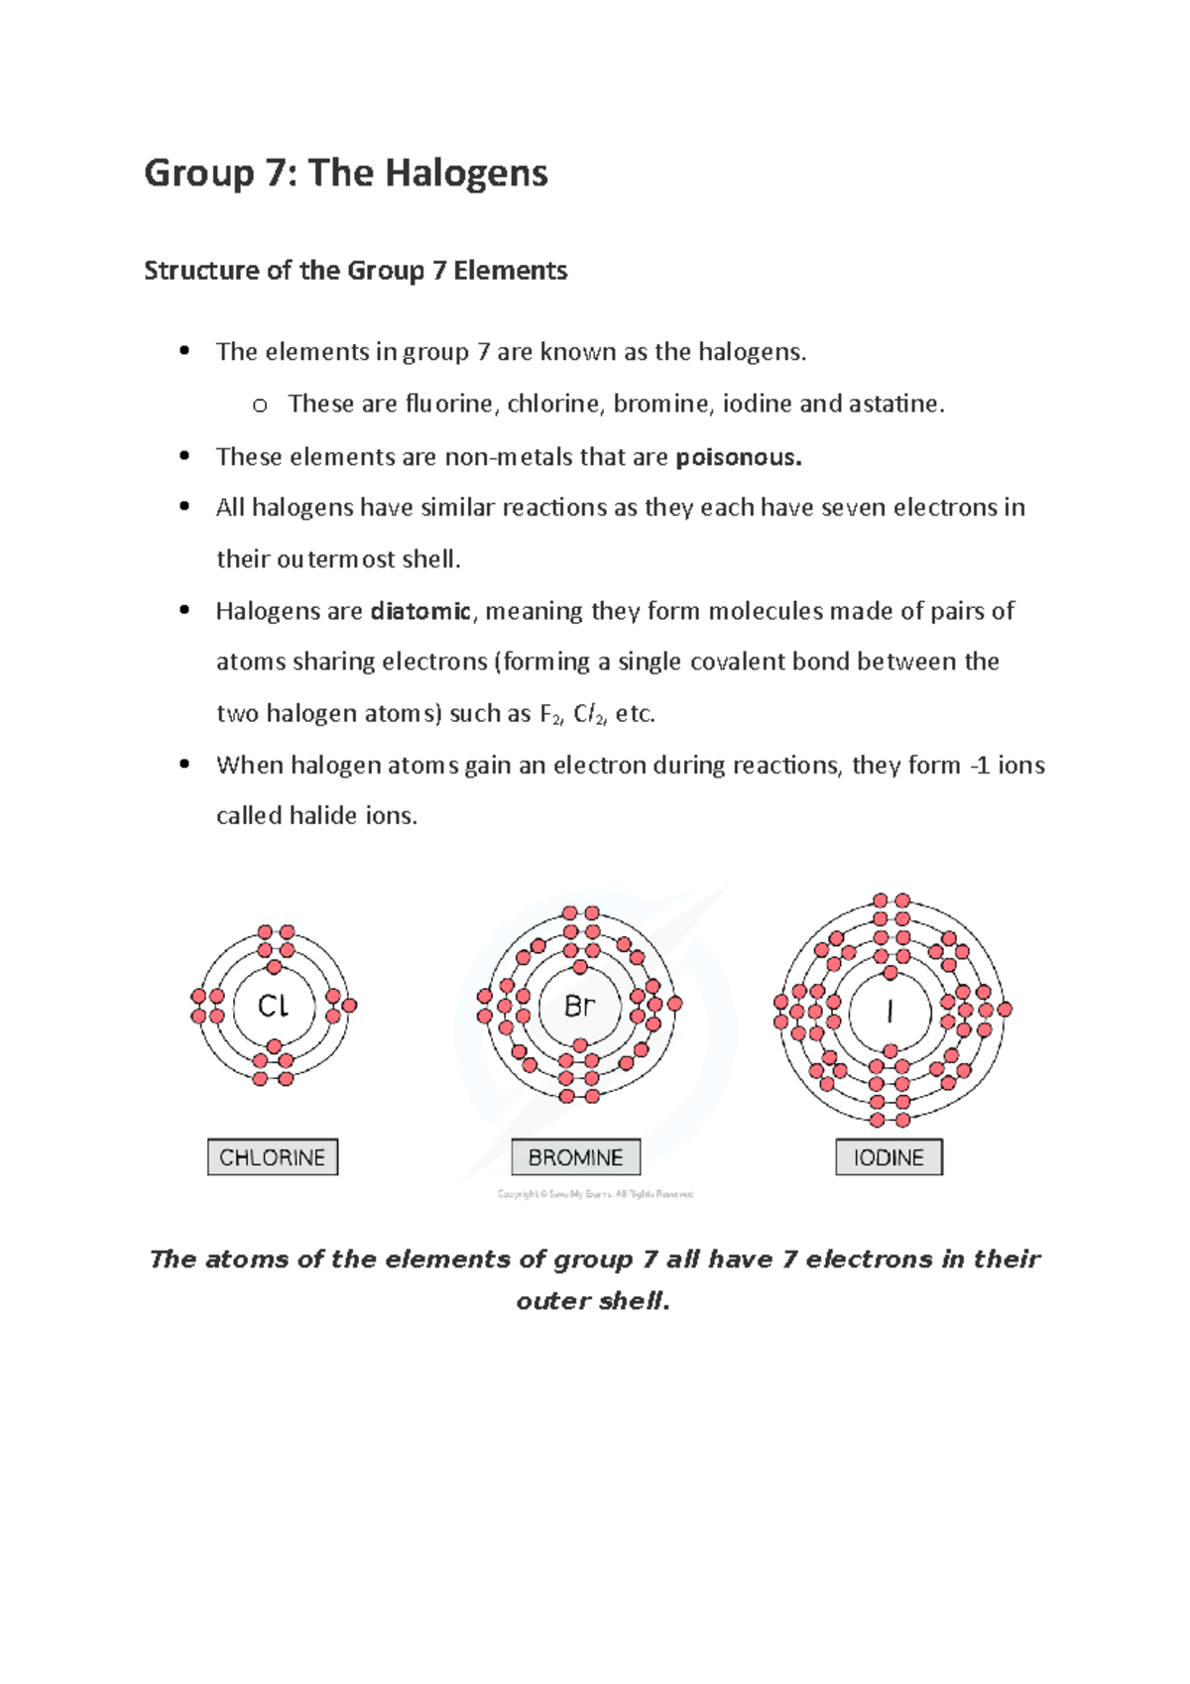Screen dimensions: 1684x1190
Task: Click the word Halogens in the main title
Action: (465, 174)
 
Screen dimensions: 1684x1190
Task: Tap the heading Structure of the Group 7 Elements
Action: (355, 271)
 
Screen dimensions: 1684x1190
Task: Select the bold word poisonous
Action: (738, 457)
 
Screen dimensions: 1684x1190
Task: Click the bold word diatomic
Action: (419, 611)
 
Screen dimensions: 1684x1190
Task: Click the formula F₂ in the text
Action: (549, 714)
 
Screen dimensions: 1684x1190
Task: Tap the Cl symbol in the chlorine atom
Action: (273, 1006)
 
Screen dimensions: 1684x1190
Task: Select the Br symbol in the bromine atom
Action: (579, 1006)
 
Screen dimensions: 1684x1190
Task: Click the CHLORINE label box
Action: (273, 1157)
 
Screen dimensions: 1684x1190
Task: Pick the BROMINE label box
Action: (575, 1157)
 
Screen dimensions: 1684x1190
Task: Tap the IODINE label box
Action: (889, 1157)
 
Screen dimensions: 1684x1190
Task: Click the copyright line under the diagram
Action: (595, 1194)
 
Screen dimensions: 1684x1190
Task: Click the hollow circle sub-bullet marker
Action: (260, 406)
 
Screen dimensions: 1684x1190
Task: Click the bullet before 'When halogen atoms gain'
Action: (184, 765)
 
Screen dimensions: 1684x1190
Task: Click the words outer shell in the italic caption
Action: (592, 1301)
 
